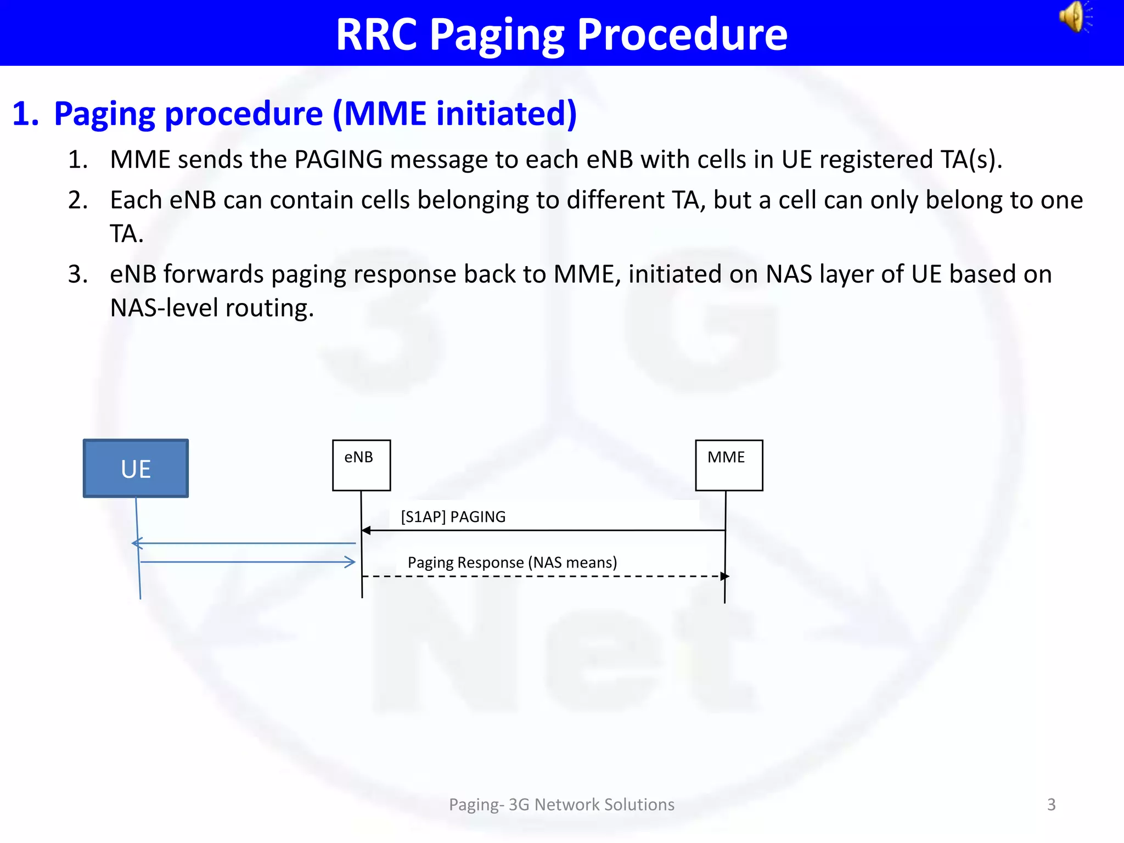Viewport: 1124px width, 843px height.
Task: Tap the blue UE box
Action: pos(136,469)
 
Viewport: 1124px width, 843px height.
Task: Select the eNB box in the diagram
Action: pos(361,465)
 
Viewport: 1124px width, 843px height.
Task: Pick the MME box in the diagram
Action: pos(728,465)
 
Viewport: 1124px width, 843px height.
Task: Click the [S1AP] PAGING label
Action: pos(453,516)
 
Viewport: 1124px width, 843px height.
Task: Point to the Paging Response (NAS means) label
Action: pos(512,563)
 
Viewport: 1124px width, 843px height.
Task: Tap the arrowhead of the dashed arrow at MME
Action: pos(725,576)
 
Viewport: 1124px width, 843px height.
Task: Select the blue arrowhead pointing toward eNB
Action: pos(350,561)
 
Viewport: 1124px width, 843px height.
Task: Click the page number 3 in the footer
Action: pos(1051,805)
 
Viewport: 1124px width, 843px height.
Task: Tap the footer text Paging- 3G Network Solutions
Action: pos(561,805)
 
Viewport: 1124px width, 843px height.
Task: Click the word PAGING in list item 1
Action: pos(338,160)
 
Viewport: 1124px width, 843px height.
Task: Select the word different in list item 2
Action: pos(615,200)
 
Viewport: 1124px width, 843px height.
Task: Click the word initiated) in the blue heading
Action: pos(506,114)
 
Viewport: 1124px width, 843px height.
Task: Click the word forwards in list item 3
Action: pos(213,274)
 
